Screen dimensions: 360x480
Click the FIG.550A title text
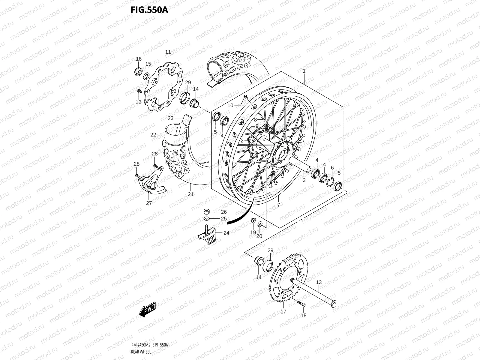point(149,10)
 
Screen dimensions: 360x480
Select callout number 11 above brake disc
point(176,52)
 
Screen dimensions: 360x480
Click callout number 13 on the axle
point(319,282)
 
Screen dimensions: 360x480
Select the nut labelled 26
point(206,211)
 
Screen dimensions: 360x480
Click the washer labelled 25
point(206,218)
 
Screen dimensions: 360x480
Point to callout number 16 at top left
point(139,59)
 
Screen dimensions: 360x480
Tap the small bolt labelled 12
point(139,91)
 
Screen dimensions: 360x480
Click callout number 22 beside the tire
point(153,135)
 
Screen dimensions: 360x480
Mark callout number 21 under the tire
point(190,194)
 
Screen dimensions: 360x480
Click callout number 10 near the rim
point(230,105)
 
